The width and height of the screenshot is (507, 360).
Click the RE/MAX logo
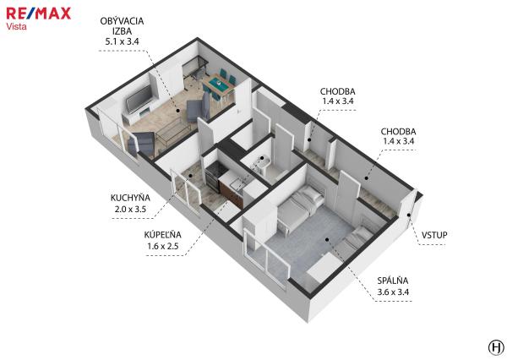click(x=39, y=14)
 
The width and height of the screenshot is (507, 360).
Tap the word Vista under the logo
click(x=16, y=26)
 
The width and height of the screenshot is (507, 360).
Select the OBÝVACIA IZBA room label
click(x=122, y=26)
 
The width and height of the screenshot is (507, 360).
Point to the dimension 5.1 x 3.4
click(x=122, y=41)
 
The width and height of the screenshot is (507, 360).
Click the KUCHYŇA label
click(x=130, y=198)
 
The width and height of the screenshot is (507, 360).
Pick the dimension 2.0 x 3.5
click(x=130, y=210)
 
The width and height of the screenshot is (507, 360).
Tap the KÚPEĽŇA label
click(x=162, y=234)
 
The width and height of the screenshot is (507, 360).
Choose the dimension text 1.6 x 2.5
click(x=162, y=246)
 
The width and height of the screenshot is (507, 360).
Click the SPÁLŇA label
click(x=393, y=281)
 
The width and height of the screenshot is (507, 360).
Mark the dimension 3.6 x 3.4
click(x=393, y=292)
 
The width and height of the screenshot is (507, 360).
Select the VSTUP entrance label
click(x=434, y=235)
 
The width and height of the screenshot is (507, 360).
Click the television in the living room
click(x=139, y=98)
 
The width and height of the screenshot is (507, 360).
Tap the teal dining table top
click(x=218, y=83)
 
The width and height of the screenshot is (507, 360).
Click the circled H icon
click(x=496, y=347)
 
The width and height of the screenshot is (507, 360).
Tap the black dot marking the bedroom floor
click(x=327, y=240)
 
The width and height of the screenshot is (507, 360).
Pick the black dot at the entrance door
click(x=409, y=215)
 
